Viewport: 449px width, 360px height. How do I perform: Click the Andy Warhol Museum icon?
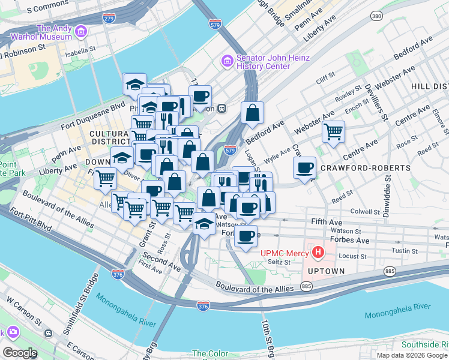pyautogui.click(x=80, y=30)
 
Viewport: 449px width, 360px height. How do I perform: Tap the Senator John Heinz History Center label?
pyautogui.click(x=273, y=62)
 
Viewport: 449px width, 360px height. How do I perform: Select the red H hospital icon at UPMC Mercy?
pyautogui.click(x=318, y=252)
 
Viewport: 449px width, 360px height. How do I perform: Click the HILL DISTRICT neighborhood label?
pyautogui.click(x=429, y=87)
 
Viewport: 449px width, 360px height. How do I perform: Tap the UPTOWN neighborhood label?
pyautogui.click(x=327, y=271)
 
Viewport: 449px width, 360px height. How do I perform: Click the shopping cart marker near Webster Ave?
pyautogui.click(x=333, y=131)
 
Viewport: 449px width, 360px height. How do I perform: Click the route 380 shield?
pyautogui.click(x=376, y=16)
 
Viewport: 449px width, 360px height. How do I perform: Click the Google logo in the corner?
pyautogui.click(x=20, y=353)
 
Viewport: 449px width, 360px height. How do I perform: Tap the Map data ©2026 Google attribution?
pyautogui.click(x=412, y=355)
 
